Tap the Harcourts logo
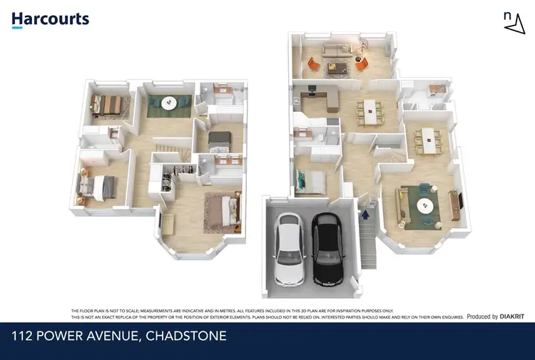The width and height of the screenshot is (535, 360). point(50,19)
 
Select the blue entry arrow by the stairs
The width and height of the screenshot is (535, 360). point(366,212)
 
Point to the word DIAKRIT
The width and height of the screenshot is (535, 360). point(511,317)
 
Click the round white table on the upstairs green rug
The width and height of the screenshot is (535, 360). point(169,103)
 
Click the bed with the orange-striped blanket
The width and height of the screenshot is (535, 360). point(111,104)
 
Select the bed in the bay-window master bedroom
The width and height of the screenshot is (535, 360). point(226,208)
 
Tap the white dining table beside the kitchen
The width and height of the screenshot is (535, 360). point(369,110)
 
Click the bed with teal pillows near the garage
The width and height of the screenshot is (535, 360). point(311,182)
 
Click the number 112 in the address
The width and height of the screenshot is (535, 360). point(26,335)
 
